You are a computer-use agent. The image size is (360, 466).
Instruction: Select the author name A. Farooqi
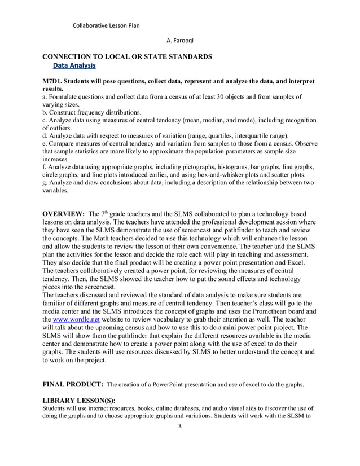(180, 41)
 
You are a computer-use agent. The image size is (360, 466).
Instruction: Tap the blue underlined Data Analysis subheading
(74, 67)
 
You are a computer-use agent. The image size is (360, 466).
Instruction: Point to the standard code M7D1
(55, 82)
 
